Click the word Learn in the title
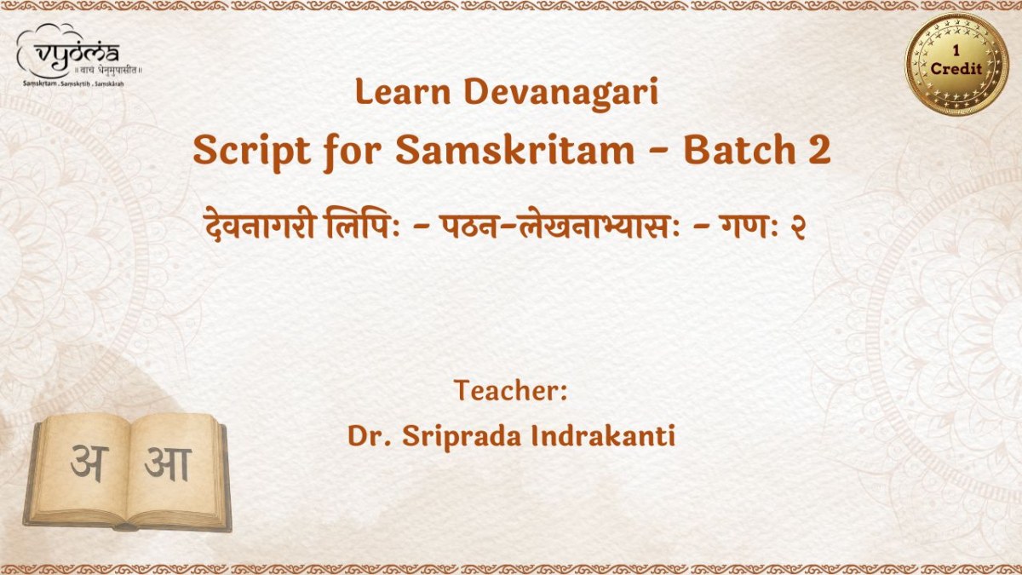click(403, 92)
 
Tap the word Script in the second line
click(252, 152)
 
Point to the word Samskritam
click(515, 150)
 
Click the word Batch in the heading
click(739, 150)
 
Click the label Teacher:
click(510, 391)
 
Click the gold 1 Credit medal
click(956, 63)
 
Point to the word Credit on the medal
click(956, 68)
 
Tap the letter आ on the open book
click(169, 464)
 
